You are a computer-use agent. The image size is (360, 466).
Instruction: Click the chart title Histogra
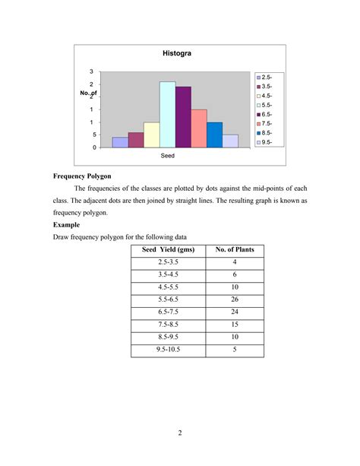point(177,54)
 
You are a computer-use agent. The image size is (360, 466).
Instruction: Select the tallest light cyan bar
point(167,114)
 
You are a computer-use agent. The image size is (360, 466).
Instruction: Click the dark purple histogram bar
point(183,117)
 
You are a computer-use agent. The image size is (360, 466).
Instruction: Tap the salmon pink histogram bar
point(199,128)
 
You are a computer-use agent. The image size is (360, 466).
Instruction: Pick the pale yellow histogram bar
point(151,135)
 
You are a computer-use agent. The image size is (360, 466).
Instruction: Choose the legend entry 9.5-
point(267,141)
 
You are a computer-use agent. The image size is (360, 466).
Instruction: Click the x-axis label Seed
point(168,155)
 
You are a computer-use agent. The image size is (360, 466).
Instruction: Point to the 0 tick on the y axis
point(93,147)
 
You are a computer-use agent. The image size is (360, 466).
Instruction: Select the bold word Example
point(68,225)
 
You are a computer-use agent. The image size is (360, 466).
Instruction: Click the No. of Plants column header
point(235,249)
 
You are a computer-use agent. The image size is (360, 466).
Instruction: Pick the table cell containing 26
point(235,300)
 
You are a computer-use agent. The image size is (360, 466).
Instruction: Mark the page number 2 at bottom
point(180,434)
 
